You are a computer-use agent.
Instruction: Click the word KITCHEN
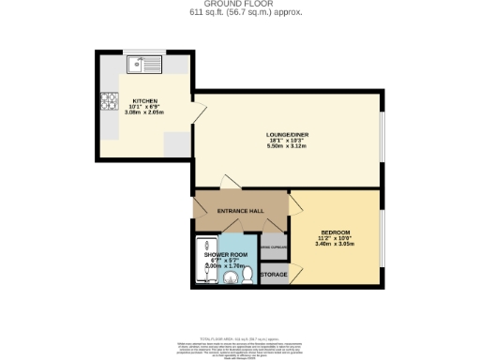(x=144, y=99)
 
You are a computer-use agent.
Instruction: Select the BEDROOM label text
(x=335, y=232)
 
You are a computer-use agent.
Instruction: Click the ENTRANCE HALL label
(x=239, y=211)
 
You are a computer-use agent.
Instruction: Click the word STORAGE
(x=274, y=275)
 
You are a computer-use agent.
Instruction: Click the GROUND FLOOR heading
(x=239, y=5)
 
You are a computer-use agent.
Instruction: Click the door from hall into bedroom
(x=295, y=206)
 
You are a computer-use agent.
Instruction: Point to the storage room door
(x=296, y=273)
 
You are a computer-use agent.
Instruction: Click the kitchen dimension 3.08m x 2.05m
(x=144, y=112)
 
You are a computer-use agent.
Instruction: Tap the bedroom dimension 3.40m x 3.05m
(x=335, y=245)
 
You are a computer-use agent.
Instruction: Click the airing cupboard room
(x=273, y=247)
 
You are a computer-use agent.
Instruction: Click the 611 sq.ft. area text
(x=239, y=13)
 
